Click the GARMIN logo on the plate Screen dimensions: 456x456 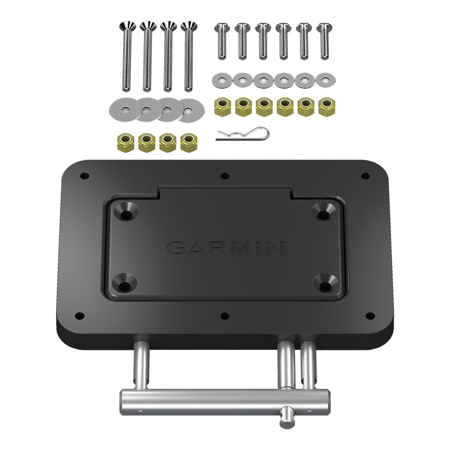tap(225, 248)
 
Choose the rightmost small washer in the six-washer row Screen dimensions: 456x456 tap(326, 80)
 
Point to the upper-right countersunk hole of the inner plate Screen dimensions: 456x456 tap(324, 211)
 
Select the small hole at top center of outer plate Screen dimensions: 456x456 tap(225, 176)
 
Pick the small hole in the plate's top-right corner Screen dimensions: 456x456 tap(365, 176)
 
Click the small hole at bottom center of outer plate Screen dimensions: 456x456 tap(225, 316)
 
